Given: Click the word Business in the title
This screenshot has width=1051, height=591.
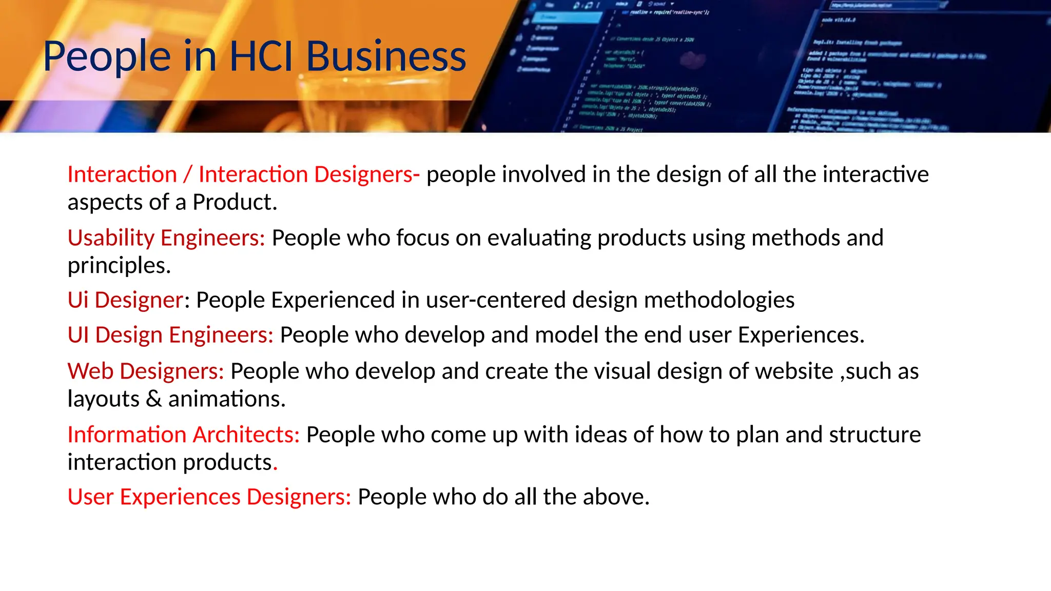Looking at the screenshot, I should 386,56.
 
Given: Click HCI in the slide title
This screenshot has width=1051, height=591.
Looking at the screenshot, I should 261,56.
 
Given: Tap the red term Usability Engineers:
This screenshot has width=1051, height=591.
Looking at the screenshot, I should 166,238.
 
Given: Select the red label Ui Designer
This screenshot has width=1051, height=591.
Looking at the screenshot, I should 125,300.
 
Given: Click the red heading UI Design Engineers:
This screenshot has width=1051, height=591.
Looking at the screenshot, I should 170,335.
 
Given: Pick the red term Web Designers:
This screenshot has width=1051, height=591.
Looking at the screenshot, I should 146,371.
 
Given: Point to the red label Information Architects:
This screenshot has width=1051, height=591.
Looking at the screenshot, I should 183,435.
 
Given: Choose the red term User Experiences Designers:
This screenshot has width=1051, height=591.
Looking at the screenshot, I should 209,497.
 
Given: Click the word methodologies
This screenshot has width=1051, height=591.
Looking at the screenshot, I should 719,300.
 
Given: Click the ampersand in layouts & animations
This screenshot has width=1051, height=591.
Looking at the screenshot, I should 153,399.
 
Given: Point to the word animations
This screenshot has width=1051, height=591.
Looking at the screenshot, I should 224,399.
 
